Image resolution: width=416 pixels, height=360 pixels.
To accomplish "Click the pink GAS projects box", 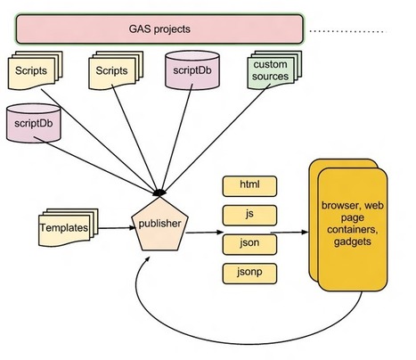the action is tap(159, 29).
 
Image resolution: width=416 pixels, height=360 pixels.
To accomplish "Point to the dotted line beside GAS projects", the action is tap(348, 31).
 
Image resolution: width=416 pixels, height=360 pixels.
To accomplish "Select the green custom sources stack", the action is tap(274, 70).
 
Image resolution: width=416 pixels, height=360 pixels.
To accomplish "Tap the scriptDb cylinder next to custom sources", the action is tap(192, 70).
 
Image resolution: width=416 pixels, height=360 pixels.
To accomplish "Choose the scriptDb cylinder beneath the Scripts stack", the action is tap(34, 123).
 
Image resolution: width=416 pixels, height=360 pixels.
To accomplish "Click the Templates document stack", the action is tap(68, 227).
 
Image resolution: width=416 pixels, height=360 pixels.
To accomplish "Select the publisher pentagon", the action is tap(159, 225).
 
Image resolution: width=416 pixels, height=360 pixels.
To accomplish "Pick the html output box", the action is tap(249, 186).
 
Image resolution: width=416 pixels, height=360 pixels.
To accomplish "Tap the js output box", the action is tap(249, 216).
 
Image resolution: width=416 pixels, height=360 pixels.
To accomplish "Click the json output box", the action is tap(249, 244).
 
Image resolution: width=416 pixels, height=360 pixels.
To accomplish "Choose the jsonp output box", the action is tap(249, 274).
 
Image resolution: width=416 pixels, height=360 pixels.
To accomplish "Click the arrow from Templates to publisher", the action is tap(117, 228).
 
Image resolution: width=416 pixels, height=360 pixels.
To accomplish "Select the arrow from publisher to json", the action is tap(205, 233).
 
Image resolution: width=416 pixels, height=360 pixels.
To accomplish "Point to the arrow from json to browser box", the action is tap(290, 233).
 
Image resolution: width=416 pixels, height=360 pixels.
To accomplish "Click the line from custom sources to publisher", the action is tap(216, 139).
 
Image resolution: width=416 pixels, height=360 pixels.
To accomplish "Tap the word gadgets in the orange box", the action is tap(353, 241).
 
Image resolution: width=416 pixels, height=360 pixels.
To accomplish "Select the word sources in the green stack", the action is tap(270, 77).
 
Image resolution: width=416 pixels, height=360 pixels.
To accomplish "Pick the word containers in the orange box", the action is tap(353, 229).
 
